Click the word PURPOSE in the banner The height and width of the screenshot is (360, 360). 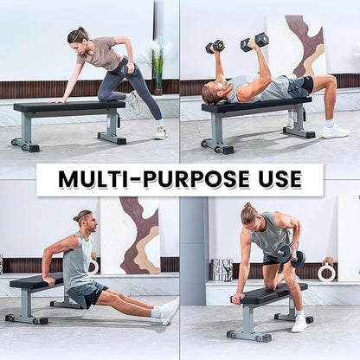(x=196, y=179)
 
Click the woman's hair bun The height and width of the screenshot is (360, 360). (x=81, y=29)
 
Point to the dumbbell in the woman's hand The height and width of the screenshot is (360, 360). (x=127, y=71)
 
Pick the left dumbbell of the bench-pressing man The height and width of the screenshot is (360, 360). (x=215, y=46)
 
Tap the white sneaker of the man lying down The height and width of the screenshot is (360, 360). (x=336, y=132)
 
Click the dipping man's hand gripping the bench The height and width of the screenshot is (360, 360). (x=48, y=280)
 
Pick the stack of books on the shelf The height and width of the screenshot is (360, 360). (x=222, y=270)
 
